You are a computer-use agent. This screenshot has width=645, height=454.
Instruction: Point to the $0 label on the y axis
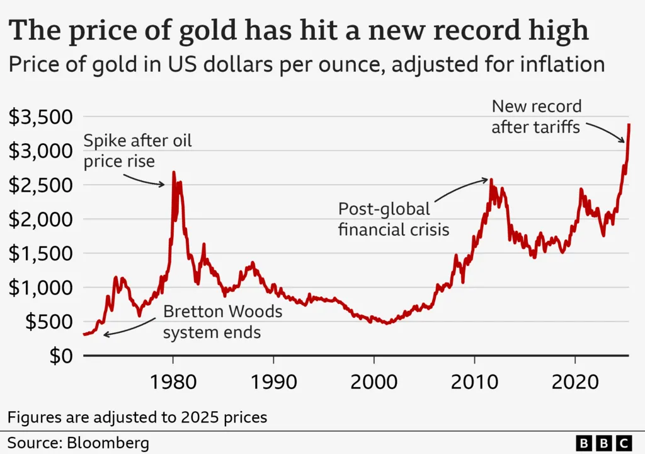pyautogui.click(x=61, y=356)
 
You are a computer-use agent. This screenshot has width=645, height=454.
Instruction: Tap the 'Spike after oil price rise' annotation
pyautogui.click(x=137, y=151)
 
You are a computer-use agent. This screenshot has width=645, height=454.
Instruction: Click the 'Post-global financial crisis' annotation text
pyautogui.click(x=394, y=219)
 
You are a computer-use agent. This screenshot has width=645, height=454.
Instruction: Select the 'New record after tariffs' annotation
pyautogui.click(x=536, y=117)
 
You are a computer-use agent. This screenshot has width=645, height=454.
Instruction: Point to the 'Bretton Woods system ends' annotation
pyautogui.click(x=223, y=322)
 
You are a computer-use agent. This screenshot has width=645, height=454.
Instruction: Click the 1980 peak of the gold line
pyautogui.click(x=174, y=172)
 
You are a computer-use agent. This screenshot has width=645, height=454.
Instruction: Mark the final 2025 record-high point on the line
pyautogui.click(x=629, y=124)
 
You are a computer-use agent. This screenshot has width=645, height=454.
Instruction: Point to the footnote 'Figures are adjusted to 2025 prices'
pyautogui.click(x=137, y=417)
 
